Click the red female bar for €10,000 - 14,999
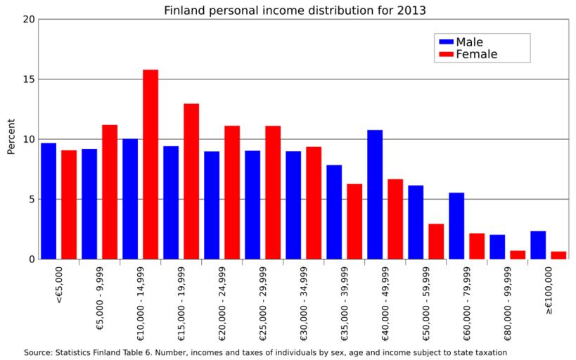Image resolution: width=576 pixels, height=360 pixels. (x=151, y=165)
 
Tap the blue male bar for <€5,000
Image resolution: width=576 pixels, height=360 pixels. (x=49, y=201)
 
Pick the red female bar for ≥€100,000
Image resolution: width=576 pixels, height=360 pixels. (x=558, y=255)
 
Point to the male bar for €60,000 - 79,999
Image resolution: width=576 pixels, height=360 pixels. (x=456, y=226)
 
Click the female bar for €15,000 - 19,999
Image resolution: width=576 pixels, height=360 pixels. (x=191, y=181)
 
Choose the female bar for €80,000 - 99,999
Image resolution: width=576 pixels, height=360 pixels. (x=518, y=255)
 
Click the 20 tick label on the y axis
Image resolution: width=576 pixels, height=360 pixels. (x=27, y=19)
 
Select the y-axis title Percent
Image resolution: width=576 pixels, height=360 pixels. (x=11, y=139)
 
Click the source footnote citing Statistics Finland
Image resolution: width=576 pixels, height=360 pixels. (x=266, y=352)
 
